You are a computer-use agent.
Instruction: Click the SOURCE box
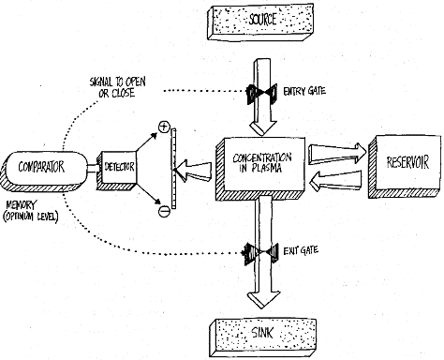pyautogui.click(x=260, y=22)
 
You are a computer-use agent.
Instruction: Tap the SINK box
pyautogui.click(x=263, y=337)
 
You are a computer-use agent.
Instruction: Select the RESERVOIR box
pyautogui.click(x=405, y=166)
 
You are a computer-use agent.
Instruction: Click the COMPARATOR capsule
pyautogui.click(x=41, y=171)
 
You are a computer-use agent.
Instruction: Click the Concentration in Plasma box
pyautogui.click(x=260, y=168)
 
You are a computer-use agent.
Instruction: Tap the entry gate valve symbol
pyautogui.click(x=261, y=93)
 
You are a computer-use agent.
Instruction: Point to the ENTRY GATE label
pyautogui.click(x=304, y=91)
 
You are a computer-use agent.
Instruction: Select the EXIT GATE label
pyautogui.click(x=301, y=250)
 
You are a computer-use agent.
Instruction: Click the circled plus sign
pyautogui.click(x=164, y=127)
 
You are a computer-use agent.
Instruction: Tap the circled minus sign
pyautogui.click(x=164, y=211)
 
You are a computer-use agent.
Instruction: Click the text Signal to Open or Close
pyautogui.click(x=117, y=87)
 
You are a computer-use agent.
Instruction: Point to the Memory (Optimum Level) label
pyautogui.click(x=30, y=211)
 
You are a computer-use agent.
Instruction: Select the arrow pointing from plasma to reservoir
pyautogui.click(x=337, y=154)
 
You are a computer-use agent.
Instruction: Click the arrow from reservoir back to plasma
pyautogui.click(x=336, y=181)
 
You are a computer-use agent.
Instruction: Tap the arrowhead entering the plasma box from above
pyautogui.click(x=262, y=128)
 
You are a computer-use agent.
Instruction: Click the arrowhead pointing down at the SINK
pyautogui.click(x=263, y=300)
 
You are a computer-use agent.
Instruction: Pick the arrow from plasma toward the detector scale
pyautogui.click(x=192, y=171)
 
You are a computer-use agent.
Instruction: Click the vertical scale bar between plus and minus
pyautogui.click(x=173, y=169)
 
